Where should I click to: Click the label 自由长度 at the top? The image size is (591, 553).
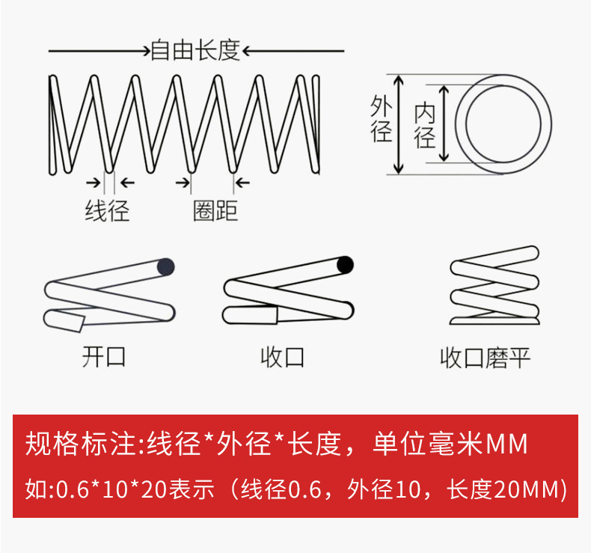pos(195,51)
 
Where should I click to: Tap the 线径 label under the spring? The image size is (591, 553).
pos(107,211)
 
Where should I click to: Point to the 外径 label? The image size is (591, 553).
pos(382,119)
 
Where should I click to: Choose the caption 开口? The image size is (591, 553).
pos(104,356)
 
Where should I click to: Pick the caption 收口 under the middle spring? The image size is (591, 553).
pos(283,356)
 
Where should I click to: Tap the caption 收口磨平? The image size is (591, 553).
pos(485,358)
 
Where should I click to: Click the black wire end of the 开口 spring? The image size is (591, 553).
pos(165,266)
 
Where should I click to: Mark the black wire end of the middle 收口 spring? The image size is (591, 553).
pos(345,264)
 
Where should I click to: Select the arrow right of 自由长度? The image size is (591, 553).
pos(294,51)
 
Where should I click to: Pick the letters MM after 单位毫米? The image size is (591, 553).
pos(507,444)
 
